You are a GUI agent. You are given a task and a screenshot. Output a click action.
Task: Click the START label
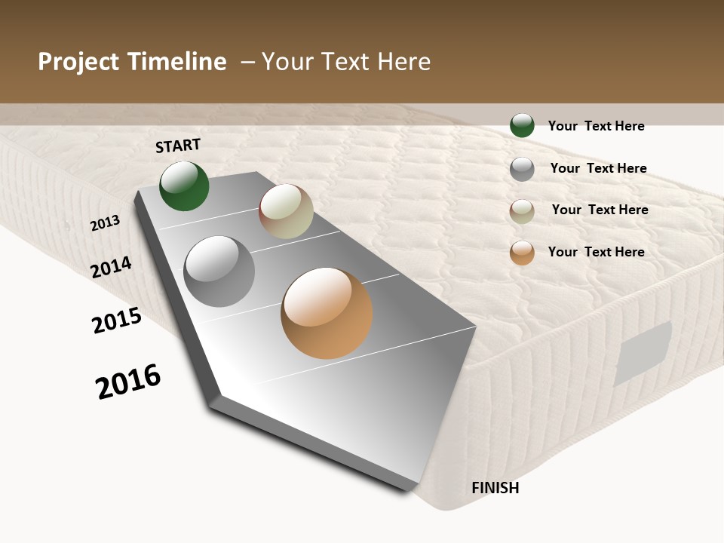click(x=178, y=146)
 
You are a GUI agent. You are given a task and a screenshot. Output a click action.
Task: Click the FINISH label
click(x=495, y=488)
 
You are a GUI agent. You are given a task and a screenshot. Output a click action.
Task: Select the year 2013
click(x=105, y=223)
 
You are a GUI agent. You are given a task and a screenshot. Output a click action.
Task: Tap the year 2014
click(x=111, y=268)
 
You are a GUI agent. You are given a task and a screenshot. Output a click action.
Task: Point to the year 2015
click(x=117, y=321)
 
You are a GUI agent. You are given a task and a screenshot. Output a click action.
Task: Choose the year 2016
click(x=128, y=381)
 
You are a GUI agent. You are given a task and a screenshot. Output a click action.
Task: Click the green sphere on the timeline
click(x=184, y=186)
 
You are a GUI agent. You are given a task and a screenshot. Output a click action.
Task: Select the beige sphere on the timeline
click(x=286, y=211)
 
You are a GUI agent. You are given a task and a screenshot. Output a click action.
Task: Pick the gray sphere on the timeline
click(x=219, y=271)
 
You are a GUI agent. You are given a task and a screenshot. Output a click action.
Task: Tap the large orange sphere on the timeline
click(x=327, y=313)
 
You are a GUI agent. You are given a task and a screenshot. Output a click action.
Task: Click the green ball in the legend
click(x=522, y=125)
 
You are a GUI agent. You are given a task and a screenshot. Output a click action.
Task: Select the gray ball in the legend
click(x=522, y=169)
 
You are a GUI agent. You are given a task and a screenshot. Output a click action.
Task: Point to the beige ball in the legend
click(x=522, y=211)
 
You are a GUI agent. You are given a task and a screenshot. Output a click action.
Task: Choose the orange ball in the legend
click(x=522, y=253)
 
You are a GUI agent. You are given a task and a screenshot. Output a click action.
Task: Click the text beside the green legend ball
click(x=596, y=126)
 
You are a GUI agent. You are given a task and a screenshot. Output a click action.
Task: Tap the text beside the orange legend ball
click(x=596, y=252)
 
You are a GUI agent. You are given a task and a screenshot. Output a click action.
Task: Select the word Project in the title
click(x=78, y=62)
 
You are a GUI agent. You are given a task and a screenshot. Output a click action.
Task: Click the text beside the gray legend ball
click(x=598, y=168)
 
